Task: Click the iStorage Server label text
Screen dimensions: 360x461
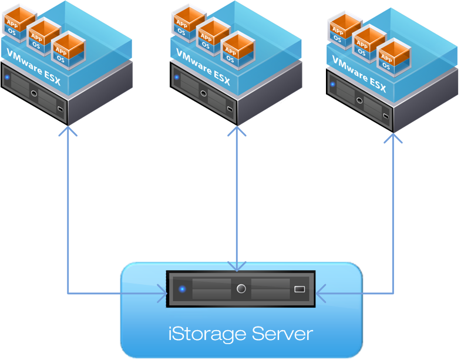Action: coord(241,334)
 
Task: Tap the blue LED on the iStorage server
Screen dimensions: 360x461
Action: coord(183,289)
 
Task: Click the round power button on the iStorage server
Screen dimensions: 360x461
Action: coord(241,288)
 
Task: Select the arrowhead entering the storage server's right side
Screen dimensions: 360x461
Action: coord(321,292)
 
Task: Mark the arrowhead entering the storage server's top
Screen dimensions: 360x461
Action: coord(237,267)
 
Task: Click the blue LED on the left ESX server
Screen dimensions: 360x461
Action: coord(8,77)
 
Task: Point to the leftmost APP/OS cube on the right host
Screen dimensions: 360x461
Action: coord(340,32)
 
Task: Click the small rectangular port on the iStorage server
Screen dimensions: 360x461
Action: coord(300,289)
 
